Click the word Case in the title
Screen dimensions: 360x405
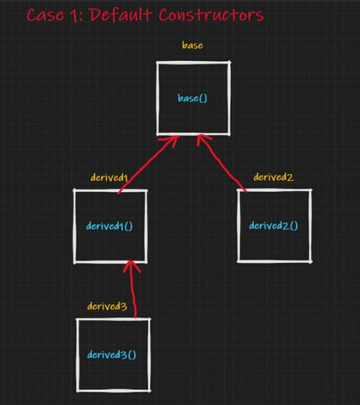[45, 14]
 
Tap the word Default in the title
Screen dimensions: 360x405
[121, 14]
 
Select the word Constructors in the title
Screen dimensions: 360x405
[211, 15]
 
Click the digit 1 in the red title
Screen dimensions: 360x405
[73, 15]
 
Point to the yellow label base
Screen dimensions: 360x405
[193, 45]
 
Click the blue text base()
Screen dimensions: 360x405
[193, 98]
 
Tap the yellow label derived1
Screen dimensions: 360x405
[109, 178]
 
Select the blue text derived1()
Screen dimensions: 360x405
[110, 226]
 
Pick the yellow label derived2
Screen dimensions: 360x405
[273, 177]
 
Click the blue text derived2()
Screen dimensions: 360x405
[273, 225]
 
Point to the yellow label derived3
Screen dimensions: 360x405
[107, 306]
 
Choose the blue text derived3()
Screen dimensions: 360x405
[111, 355]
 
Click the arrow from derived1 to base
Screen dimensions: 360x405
[148, 164]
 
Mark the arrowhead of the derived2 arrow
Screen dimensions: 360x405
[202, 139]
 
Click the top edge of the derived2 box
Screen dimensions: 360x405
[275, 190]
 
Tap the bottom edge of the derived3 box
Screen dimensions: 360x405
[113, 391]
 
